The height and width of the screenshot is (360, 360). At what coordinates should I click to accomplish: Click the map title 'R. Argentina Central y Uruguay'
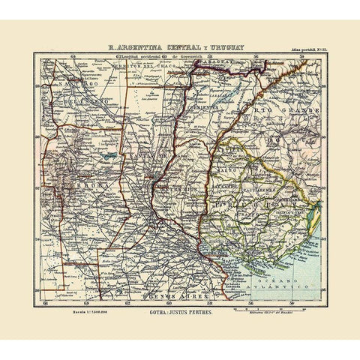tap(180, 43)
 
